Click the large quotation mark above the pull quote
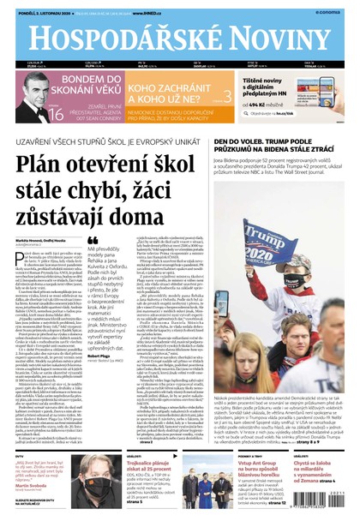point(93,241)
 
